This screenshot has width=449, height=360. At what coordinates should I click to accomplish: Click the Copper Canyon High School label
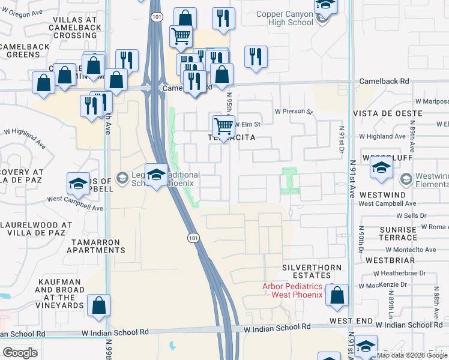[x=285, y=18]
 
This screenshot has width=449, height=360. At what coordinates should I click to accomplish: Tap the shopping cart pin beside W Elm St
[x=223, y=126]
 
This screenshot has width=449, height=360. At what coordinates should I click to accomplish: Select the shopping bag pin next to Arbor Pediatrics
[x=337, y=295]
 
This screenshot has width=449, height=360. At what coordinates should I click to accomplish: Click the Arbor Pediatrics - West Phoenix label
[x=292, y=290]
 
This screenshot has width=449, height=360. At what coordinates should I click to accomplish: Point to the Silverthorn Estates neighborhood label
[x=312, y=271]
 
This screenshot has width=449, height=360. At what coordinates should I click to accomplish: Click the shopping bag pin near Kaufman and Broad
[x=98, y=305]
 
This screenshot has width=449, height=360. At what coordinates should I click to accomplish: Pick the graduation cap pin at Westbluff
[x=381, y=170]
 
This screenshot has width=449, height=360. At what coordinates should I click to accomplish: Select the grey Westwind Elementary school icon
[x=406, y=179]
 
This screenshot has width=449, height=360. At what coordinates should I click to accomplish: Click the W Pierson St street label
[x=294, y=111]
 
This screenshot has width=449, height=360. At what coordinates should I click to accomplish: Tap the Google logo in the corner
[x=20, y=352]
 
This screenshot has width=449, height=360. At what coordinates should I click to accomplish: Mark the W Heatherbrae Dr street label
[x=399, y=273]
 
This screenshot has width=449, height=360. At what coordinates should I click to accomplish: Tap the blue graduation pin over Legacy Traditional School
[x=157, y=175]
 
